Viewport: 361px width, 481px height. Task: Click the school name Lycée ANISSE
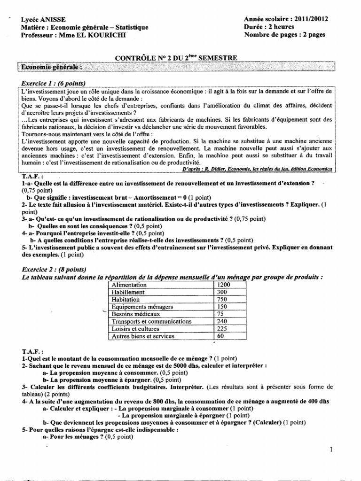coord(44,19)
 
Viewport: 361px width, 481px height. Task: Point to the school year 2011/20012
coord(312,19)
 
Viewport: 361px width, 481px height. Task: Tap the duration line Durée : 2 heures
coord(268,27)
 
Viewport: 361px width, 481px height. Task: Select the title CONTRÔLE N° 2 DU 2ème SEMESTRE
coord(176,58)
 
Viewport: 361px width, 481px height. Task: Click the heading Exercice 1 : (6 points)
coord(53,83)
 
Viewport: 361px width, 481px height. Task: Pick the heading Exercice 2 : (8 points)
coord(54,270)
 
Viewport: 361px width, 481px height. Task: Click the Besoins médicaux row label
coord(136,314)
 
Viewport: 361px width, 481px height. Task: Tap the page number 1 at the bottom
coord(331,450)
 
